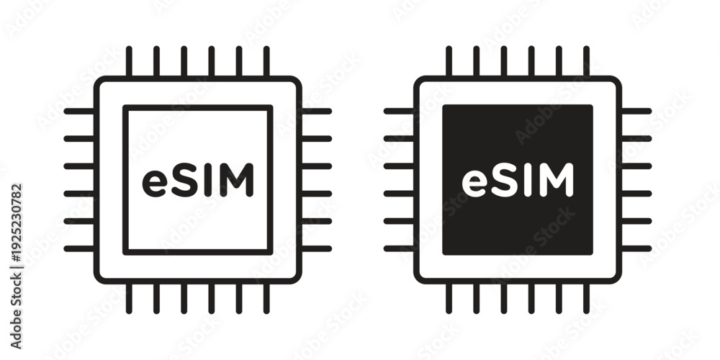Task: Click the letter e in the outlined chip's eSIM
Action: click(154, 183)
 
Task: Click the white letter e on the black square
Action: click(474, 183)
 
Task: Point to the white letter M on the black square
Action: click(557, 180)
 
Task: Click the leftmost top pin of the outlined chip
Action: click(129, 61)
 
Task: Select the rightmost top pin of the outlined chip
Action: click(266, 61)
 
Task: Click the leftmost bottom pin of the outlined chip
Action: click(129, 298)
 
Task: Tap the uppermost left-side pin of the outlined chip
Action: click(80, 111)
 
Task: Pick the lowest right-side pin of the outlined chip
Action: click(316, 249)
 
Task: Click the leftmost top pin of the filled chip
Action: click(449, 61)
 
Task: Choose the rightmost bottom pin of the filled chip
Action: click(586, 298)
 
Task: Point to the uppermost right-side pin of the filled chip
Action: click(636, 111)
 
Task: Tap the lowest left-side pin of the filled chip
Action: click(400, 249)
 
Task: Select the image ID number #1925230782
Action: click(16, 223)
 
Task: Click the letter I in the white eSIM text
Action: click(528, 180)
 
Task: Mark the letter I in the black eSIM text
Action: click(209, 180)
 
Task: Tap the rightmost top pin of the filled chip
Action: click(586, 61)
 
